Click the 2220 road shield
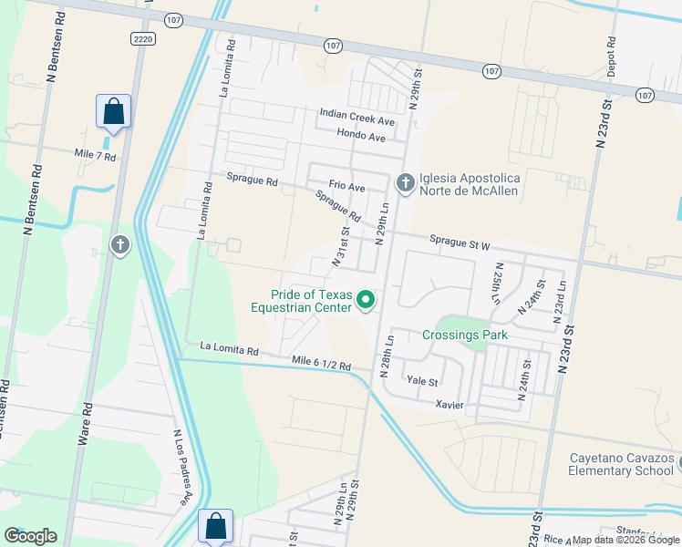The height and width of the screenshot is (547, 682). pyautogui.click(x=141, y=38)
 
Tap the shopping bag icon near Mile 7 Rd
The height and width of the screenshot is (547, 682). pyautogui.click(x=114, y=112)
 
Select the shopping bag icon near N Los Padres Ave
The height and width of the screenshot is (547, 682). pyautogui.click(x=215, y=526)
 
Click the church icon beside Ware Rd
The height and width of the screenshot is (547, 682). pyautogui.click(x=119, y=245)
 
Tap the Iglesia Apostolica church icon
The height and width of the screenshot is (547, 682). pyautogui.click(x=405, y=184)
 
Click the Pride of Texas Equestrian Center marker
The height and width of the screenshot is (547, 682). pyautogui.click(x=366, y=300)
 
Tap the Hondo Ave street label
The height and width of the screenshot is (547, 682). pyautogui.click(x=361, y=137)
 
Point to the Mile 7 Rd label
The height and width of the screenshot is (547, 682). pyautogui.click(x=96, y=157)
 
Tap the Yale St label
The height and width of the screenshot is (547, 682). pyautogui.click(x=422, y=382)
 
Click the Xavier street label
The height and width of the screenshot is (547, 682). pyautogui.click(x=450, y=404)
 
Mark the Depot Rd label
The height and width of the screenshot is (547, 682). pyautogui.click(x=611, y=56)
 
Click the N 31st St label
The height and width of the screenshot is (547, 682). pyautogui.click(x=339, y=248)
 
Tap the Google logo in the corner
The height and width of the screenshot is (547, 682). pyautogui.click(x=30, y=536)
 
